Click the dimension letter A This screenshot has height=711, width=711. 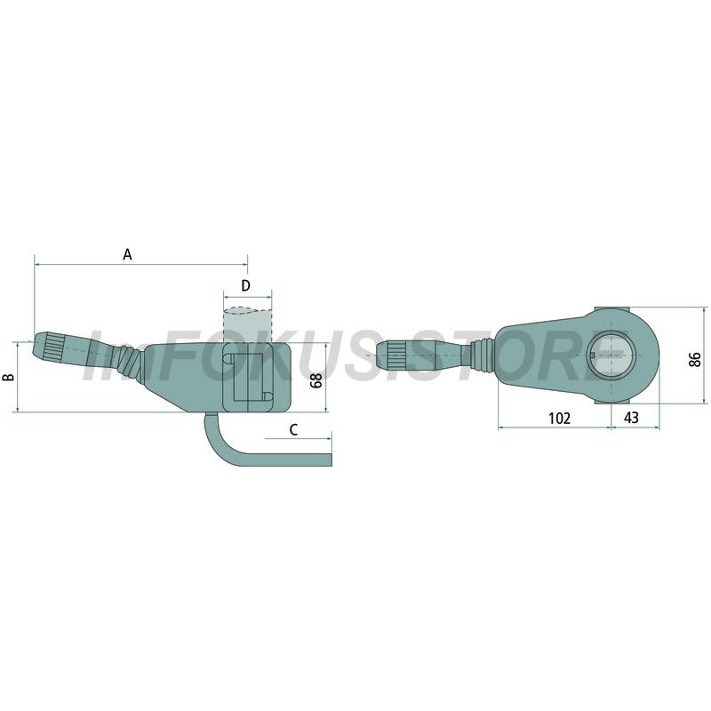127,254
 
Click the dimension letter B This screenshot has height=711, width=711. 9,377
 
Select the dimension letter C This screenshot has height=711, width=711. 293,429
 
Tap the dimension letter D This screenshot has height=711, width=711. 245,285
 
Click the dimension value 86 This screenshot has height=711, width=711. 695,360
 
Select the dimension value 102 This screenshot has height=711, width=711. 559,418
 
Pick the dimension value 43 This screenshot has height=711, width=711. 631,417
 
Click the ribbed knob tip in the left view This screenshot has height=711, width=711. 48,346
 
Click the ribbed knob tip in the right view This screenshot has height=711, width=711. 392,353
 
